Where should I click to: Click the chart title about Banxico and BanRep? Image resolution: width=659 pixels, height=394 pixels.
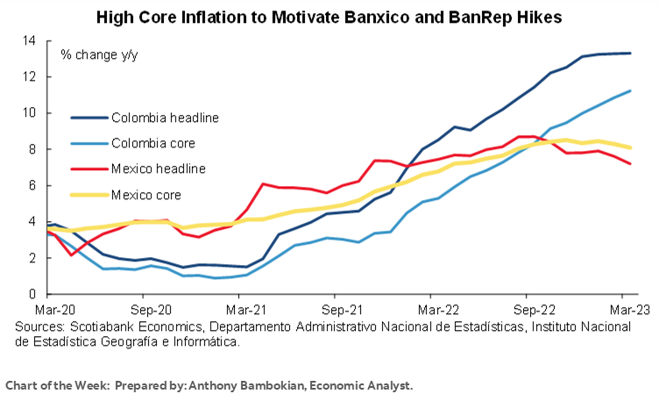pyautogui.click(x=329, y=17)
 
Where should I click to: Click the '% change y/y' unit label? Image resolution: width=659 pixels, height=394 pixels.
pyautogui.click(x=99, y=54)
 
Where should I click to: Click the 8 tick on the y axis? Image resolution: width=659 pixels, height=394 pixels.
pyautogui.click(x=32, y=150)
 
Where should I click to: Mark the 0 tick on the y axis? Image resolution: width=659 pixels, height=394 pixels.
pyautogui.click(x=32, y=295)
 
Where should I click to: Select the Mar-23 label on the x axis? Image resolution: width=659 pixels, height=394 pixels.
pyautogui.click(x=629, y=310)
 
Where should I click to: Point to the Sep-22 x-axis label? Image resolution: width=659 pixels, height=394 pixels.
pyautogui.click(x=535, y=310)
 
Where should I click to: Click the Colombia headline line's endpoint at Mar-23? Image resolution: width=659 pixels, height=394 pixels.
pyautogui.click(x=631, y=54)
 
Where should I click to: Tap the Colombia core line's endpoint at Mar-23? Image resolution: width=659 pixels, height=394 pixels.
pyautogui.click(x=631, y=91)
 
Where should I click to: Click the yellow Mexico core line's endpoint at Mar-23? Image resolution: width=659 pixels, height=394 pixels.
pyautogui.click(x=631, y=147)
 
